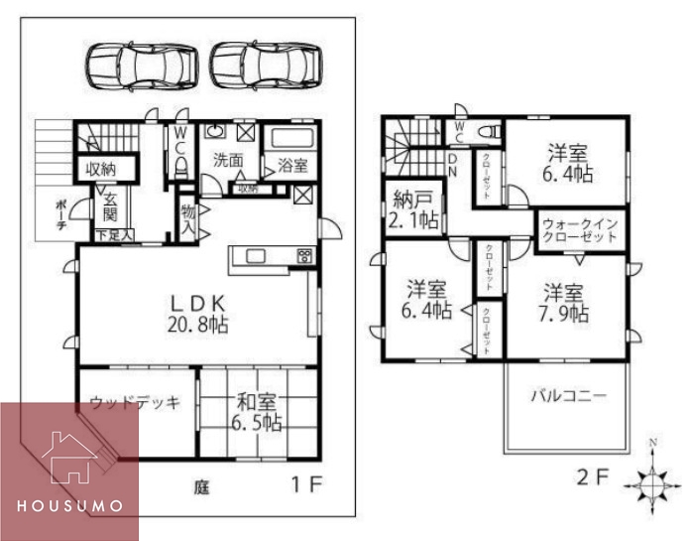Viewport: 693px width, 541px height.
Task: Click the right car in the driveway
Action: click(x=267, y=66)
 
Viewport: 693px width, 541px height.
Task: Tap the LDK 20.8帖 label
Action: click(x=198, y=312)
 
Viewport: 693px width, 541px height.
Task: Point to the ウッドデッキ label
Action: click(x=135, y=403)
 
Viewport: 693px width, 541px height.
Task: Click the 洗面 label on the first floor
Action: click(x=228, y=159)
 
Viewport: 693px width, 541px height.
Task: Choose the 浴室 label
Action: click(x=292, y=165)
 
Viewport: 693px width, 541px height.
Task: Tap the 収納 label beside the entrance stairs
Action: click(x=100, y=169)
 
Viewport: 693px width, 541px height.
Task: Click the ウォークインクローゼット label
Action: click(x=580, y=230)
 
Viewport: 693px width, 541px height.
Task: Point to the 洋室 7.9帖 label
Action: click(x=566, y=303)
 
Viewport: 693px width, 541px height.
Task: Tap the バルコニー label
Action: click(x=567, y=395)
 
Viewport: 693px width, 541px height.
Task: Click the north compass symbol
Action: click(x=651, y=479)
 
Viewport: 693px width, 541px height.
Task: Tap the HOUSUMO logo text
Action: click(x=69, y=505)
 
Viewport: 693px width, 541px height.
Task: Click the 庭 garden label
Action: click(x=201, y=487)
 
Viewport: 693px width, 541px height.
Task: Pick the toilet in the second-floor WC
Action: click(x=486, y=131)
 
